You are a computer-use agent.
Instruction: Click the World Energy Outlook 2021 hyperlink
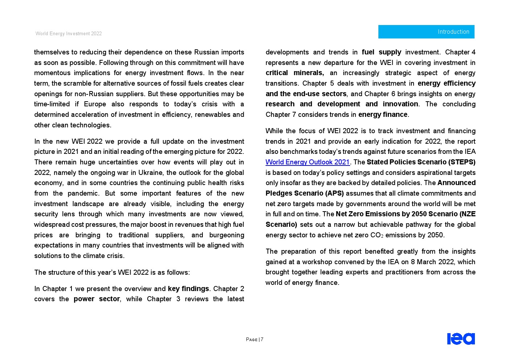[x=307, y=162]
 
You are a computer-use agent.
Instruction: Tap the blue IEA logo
[x=461, y=339]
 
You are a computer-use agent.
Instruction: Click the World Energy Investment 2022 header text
[x=69, y=34]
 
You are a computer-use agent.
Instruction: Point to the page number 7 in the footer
[x=262, y=340]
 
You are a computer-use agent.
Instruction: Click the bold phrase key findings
[x=188, y=289]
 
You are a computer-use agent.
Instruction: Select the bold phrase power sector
[x=97, y=299]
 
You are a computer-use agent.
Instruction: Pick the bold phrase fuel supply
[x=381, y=52]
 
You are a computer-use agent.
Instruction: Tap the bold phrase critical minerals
[x=294, y=73]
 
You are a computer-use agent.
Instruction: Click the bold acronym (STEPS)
[x=462, y=162]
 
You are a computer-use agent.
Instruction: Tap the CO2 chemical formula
[x=377, y=235]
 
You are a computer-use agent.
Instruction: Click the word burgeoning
[x=227, y=235]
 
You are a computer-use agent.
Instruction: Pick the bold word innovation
[x=400, y=104]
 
